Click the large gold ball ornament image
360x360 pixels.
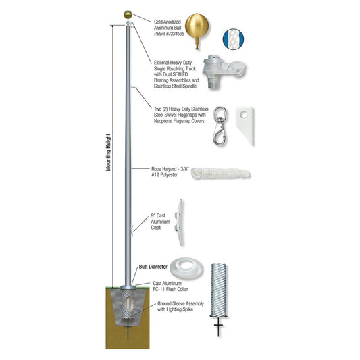click(198, 29)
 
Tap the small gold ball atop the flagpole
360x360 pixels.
click(126, 12)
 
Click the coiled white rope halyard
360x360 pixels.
click(222, 174)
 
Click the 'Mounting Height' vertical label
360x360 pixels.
click(109, 152)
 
